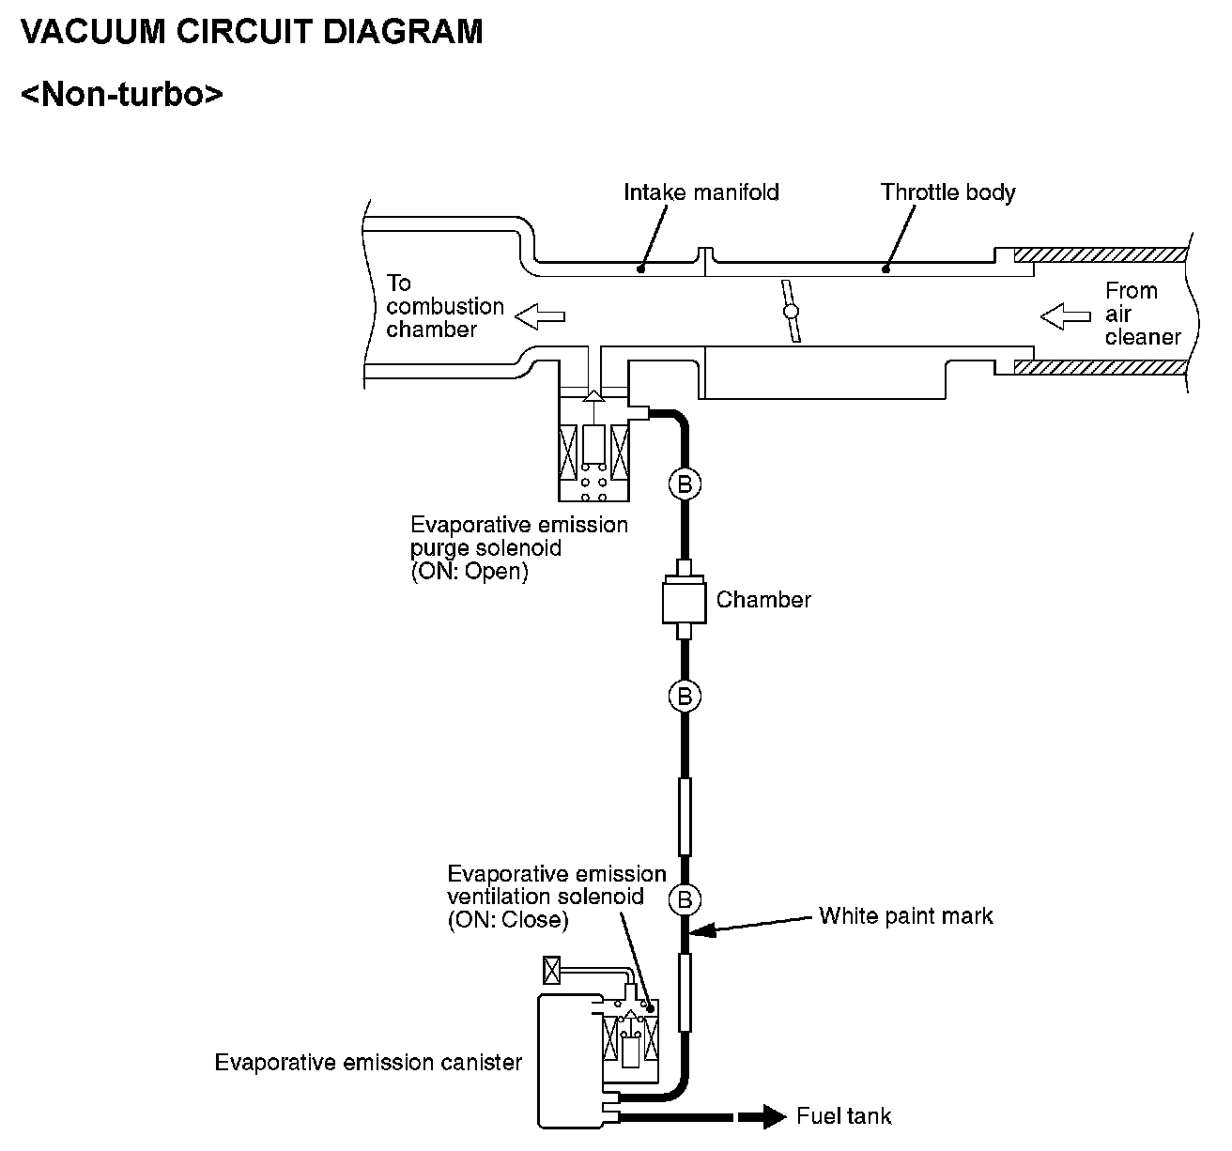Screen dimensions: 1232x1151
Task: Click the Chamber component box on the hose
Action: pyautogui.click(x=684, y=599)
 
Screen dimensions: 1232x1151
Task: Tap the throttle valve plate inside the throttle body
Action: pyautogui.click(x=791, y=311)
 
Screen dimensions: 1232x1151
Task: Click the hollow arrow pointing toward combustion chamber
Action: pyautogui.click(x=540, y=316)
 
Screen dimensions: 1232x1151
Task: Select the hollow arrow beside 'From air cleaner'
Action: pyautogui.click(x=1065, y=316)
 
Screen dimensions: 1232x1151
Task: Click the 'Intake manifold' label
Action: pyautogui.click(x=701, y=192)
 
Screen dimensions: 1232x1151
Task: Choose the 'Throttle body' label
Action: pyautogui.click(x=947, y=192)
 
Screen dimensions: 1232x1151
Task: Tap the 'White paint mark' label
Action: pyautogui.click(x=906, y=915)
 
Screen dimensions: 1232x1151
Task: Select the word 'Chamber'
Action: pyautogui.click(x=763, y=599)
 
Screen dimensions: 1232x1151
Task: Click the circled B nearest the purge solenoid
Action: pyautogui.click(x=685, y=484)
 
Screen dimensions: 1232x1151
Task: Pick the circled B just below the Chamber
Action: pyautogui.click(x=685, y=697)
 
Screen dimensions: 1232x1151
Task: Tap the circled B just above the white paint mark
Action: pyautogui.click(x=685, y=899)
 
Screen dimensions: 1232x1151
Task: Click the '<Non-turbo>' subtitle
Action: pyautogui.click(x=121, y=94)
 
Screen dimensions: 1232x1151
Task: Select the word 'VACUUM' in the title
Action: pyautogui.click(x=93, y=32)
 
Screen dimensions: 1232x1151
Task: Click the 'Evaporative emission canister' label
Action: pyautogui.click(x=368, y=1062)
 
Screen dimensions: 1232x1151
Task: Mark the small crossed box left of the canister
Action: pyautogui.click(x=551, y=970)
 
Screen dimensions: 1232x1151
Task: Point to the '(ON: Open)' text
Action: pyautogui.click(x=470, y=571)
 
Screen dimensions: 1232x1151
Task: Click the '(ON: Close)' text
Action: pyautogui.click(x=508, y=919)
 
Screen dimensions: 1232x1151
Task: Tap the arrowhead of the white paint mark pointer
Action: pyautogui.click(x=691, y=930)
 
